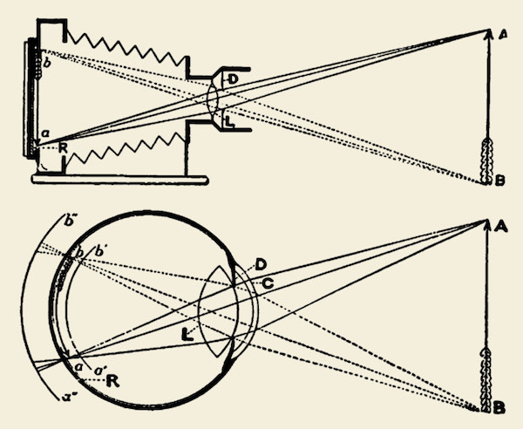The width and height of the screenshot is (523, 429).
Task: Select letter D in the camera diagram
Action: [231, 79]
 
